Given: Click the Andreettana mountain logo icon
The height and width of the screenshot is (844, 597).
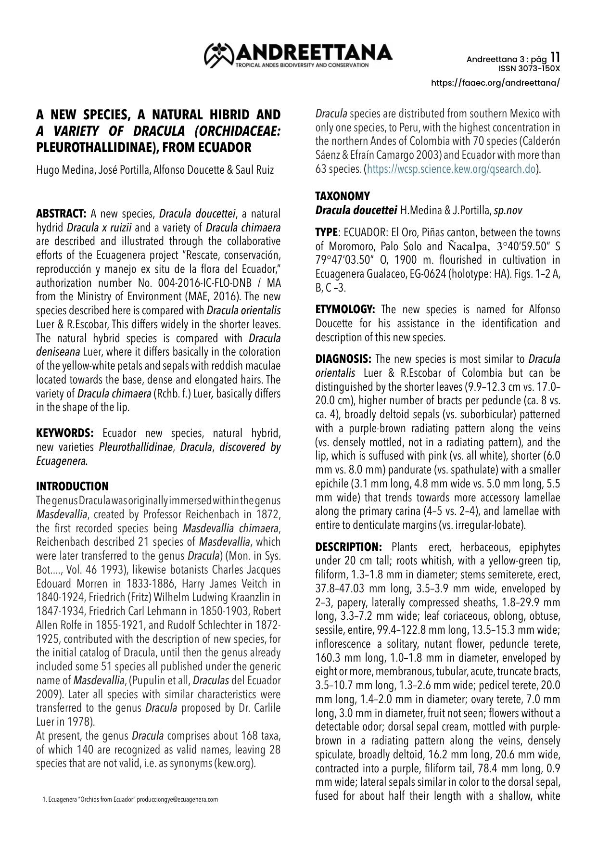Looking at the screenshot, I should click(x=218, y=55).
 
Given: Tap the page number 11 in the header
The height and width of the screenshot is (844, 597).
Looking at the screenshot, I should click(x=555, y=57).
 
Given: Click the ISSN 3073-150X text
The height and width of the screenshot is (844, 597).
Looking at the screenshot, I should click(x=529, y=68).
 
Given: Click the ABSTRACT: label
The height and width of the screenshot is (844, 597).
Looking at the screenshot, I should click(x=61, y=214).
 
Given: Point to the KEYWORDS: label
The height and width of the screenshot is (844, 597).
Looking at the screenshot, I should click(x=64, y=433).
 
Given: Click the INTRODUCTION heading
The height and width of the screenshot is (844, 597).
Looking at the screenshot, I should click(x=72, y=486).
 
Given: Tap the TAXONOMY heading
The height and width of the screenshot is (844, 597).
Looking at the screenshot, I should click(x=343, y=196).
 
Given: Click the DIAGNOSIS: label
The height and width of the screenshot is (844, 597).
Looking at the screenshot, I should click(x=343, y=359).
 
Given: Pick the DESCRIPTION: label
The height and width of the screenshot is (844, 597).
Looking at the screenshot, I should click(x=348, y=547).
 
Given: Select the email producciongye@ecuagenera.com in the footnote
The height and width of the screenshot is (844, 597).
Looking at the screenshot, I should click(x=177, y=800).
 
